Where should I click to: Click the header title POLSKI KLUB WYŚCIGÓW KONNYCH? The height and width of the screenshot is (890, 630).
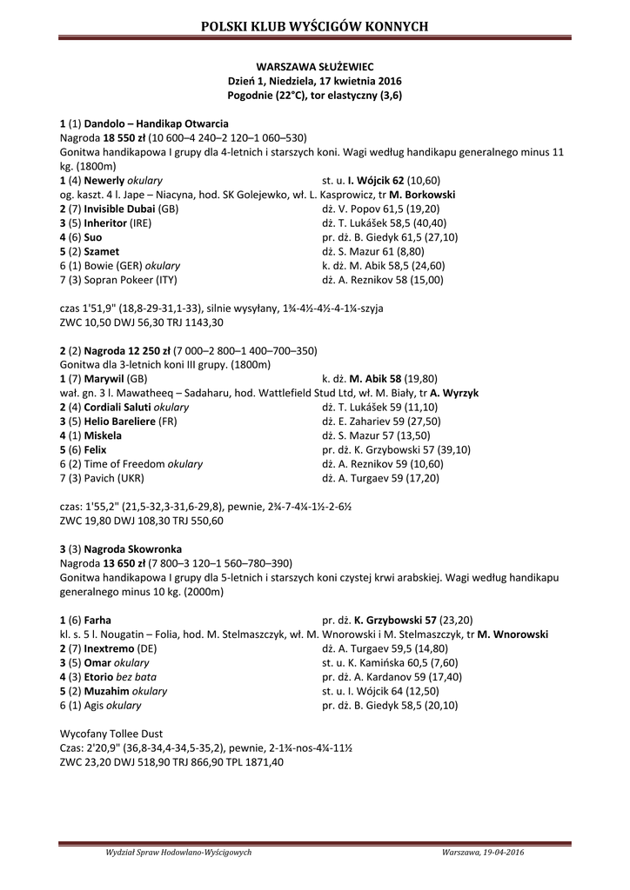314,27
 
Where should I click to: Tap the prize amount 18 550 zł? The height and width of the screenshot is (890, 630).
124,137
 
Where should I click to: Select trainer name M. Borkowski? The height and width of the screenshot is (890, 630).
422,195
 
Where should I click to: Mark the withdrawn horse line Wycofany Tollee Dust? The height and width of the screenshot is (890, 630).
111,733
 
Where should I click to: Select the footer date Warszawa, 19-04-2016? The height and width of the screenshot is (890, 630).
482,853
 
